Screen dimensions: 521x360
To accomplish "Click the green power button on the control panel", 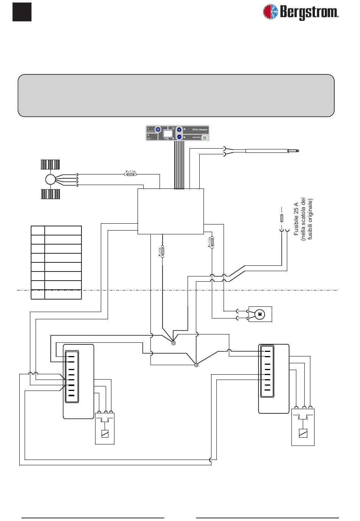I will (x=204, y=137).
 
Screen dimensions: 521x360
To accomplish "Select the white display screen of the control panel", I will (x=168, y=133).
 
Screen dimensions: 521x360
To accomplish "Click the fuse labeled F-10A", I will (x=163, y=252).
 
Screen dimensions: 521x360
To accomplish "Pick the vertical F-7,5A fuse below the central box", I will (x=212, y=242).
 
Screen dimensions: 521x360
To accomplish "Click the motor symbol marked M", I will (x=260, y=314).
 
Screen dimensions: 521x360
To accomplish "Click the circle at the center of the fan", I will (x=50, y=179).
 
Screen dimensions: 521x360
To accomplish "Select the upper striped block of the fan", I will (x=50, y=164).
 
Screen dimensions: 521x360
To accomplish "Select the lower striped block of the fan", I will (x=50, y=194).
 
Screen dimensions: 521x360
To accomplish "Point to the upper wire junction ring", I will (x=174, y=343).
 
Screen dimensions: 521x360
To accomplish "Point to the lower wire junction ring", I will (x=196, y=365).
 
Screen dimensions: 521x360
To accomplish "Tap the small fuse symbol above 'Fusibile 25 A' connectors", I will (x=281, y=218).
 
